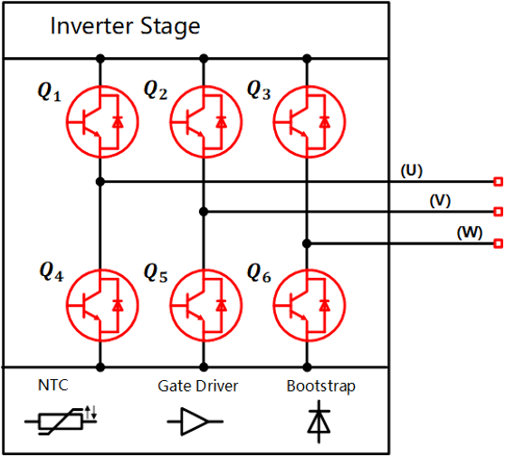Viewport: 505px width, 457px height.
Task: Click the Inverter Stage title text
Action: pyautogui.click(x=125, y=26)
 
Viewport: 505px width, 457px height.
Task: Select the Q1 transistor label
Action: pyautogui.click(x=49, y=92)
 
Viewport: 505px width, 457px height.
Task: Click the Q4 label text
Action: pyautogui.click(x=52, y=271)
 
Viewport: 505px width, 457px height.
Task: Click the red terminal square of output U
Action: pyautogui.click(x=499, y=182)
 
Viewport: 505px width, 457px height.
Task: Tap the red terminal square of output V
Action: pyautogui.click(x=499, y=212)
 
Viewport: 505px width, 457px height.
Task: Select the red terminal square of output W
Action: pyautogui.click(x=499, y=243)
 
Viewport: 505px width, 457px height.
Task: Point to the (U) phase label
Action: pyautogui.click(x=411, y=171)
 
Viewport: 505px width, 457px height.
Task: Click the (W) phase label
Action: pyautogui.click(x=470, y=233)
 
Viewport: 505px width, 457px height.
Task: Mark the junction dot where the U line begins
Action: pyautogui.click(x=100, y=182)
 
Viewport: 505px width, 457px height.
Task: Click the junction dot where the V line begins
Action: pyautogui.click(x=204, y=212)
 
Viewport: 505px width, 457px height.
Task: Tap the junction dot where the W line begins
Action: pyautogui.click(x=307, y=243)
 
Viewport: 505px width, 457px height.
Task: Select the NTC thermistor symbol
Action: pyautogui.click(x=61, y=421)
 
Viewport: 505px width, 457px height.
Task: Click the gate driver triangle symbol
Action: pyautogui.click(x=195, y=421)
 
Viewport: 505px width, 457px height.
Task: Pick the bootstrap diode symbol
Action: pyautogui.click(x=319, y=422)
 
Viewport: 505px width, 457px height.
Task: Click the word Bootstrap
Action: pyautogui.click(x=321, y=386)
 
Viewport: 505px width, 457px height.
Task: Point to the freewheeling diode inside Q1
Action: pyautogui.click(x=118, y=122)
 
